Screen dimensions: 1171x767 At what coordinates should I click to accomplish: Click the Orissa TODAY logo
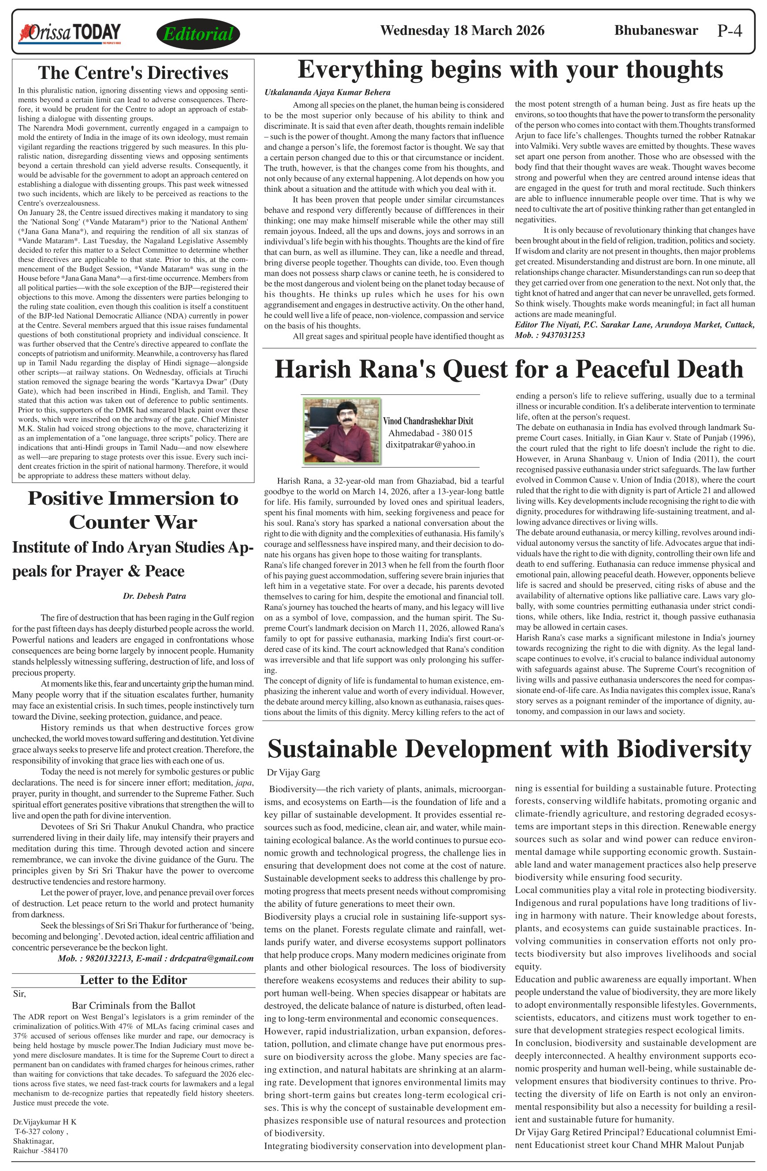pos(70,34)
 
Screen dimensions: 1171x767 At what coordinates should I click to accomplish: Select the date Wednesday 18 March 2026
pos(462,30)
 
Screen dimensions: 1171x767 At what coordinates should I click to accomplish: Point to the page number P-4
pos(730,31)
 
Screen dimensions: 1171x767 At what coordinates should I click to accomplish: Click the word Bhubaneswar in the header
pos(656,30)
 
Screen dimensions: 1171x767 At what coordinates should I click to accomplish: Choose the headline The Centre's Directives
pos(133,73)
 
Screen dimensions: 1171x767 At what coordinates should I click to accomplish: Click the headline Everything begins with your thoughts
pos(510,69)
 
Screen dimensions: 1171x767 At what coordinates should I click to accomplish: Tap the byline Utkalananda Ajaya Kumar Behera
pos(328,93)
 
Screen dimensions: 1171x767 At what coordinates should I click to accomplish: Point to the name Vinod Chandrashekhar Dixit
pos(428,421)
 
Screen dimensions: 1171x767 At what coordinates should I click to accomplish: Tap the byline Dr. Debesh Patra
pos(154,596)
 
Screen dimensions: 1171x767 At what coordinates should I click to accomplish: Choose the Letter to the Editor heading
pos(133,980)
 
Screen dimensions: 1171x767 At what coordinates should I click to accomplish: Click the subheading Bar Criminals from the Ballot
pos(133,1005)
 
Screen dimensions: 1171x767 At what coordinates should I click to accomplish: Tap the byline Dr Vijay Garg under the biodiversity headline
pos(294,772)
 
